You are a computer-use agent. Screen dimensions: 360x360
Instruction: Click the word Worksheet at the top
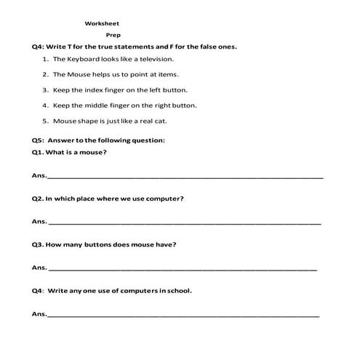(101, 23)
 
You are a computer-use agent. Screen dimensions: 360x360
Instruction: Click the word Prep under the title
(113, 35)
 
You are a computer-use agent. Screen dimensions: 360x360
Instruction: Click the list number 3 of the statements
(45, 89)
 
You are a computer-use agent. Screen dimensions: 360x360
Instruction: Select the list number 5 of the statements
(45, 121)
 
